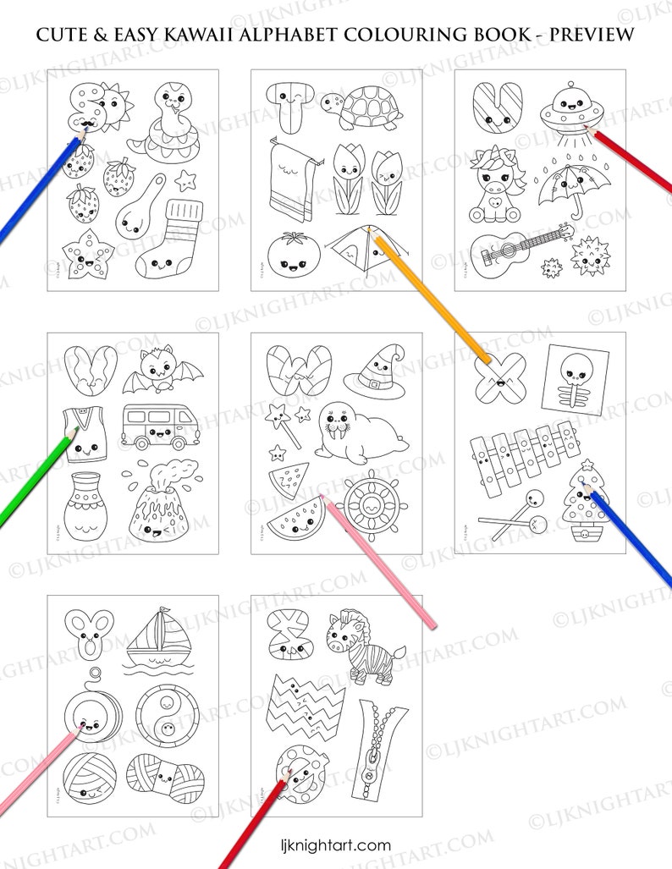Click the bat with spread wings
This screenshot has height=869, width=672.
[x=162, y=372]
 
